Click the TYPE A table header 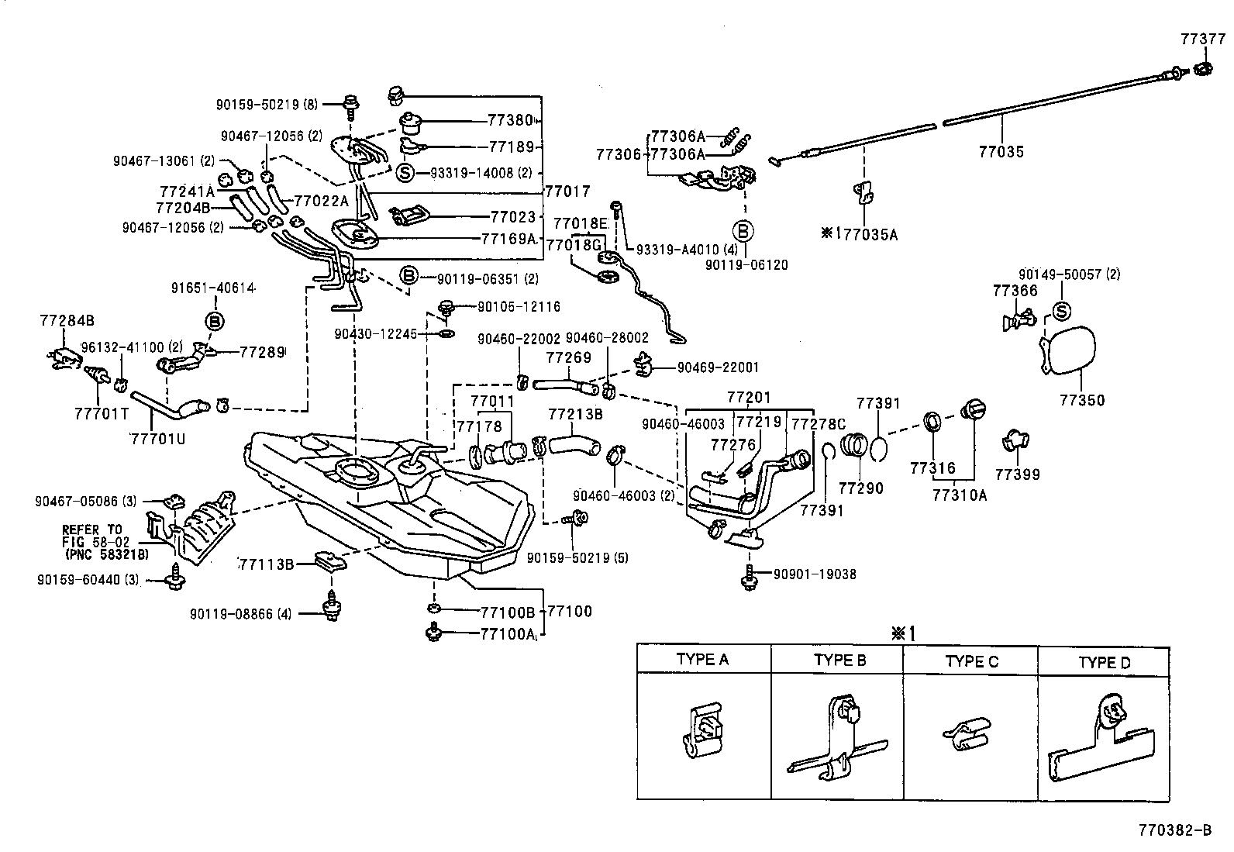pyautogui.click(x=702, y=660)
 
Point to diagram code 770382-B pyautogui.click(x=1175, y=831)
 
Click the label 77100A pyautogui.click(x=508, y=634)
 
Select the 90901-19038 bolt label pyautogui.click(x=815, y=574)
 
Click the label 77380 pyautogui.click(x=511, y=121)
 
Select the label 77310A pyautogui.click(x=960, y=494)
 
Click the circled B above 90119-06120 pyautogui.click(x=743, y=230)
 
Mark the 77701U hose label pyautogui.click(x=158, y=438)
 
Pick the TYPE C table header pyautogui.click(x=971, y=661)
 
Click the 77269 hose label pyautogui.click(x=568, y=357)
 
